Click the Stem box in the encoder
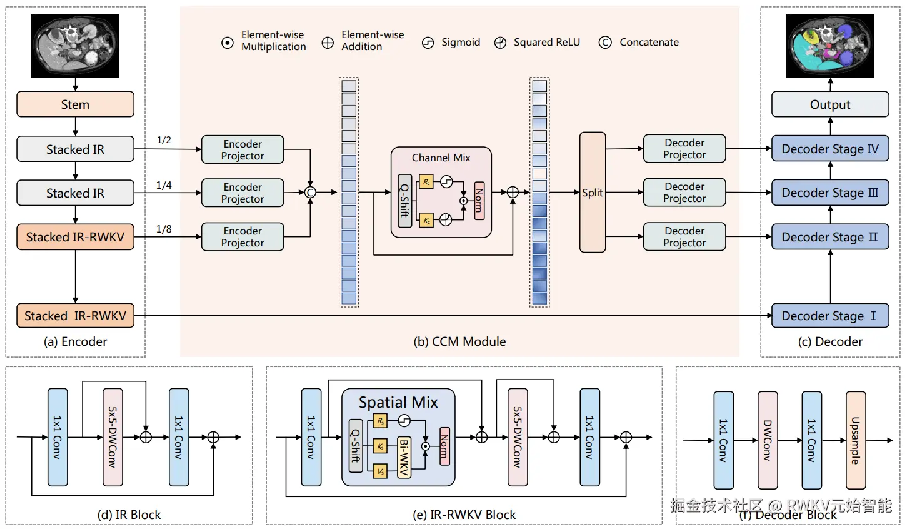point(75,104)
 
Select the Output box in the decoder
point(829,104)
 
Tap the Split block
point(592,193)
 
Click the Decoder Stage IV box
point(829,149)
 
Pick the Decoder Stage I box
point(829,316)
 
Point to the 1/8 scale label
point(164,229)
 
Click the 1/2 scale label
point(164,140)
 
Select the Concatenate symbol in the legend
point(604,43)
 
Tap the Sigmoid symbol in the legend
point(428,43)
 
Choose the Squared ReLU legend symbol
point(500,43)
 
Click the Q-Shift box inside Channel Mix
point(405,201)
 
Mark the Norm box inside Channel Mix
point(479,201)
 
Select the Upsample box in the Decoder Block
point(856,440)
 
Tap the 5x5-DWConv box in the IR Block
point(113,437)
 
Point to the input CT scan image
point(75,46)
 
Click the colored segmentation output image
point(830,46)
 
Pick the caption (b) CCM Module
point(459,341)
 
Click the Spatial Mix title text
point(398,402)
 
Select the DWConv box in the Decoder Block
point(768,440)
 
